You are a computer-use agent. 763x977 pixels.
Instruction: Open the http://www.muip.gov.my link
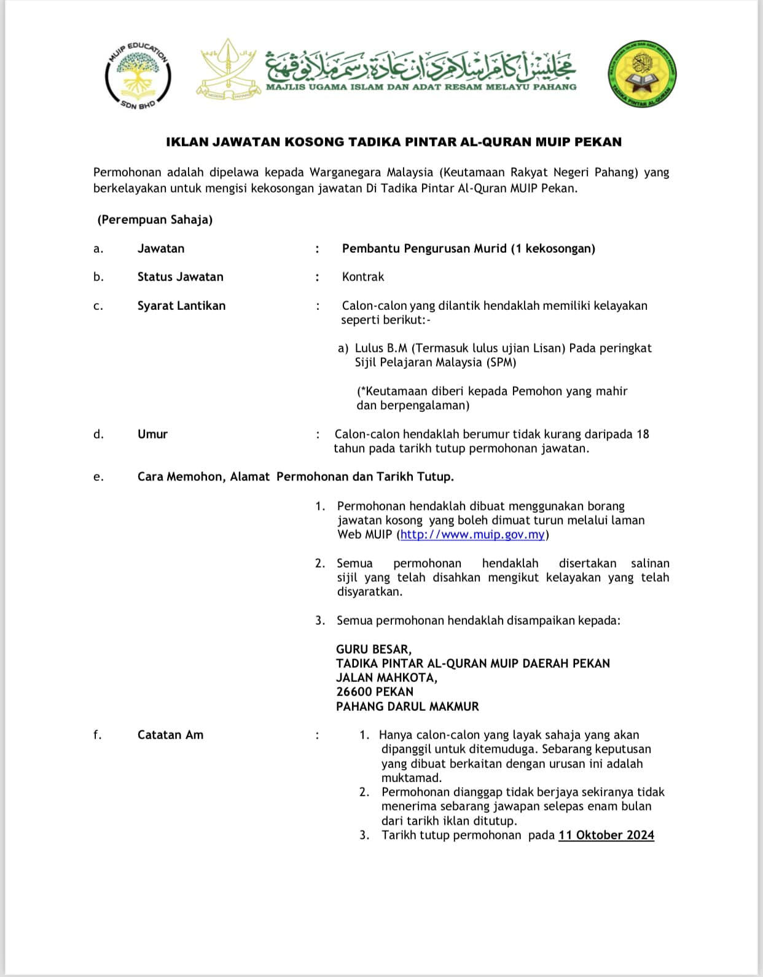click(x=472, y=534)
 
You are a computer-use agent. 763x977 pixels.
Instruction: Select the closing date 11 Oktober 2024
click(x=606, y=835)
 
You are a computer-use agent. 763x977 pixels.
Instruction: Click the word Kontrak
click(x=362, y=277)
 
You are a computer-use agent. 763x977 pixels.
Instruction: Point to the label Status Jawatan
click(x=180, y=277)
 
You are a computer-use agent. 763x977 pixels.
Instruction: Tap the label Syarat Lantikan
click(x=181, y=306)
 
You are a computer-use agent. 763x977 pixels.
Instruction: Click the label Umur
click(x=152, y=434)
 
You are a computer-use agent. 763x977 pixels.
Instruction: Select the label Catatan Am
click(x=170, y=735)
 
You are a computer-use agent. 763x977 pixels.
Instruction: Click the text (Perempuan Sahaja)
click(x=155, y=220)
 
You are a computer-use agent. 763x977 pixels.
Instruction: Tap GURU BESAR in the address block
click(x=374, y=649)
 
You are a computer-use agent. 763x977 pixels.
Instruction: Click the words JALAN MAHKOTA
click(x=386, y=678)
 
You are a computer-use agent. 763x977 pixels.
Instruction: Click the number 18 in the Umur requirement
click(x=643, y=434)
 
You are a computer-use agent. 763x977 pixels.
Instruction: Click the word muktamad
click(x=411, y=778)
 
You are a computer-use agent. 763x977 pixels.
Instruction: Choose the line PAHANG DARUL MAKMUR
click(x=407, y=706)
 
